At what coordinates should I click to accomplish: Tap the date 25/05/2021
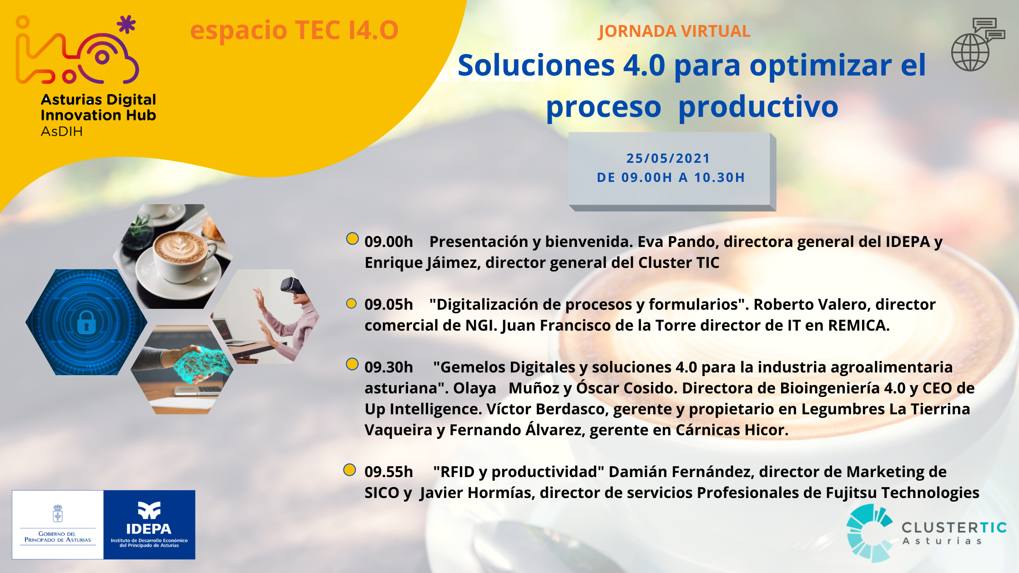(x=668, y=158)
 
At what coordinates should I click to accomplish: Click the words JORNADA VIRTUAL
(x=674, y=31)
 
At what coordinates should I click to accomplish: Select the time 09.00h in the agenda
(x=388, y=241)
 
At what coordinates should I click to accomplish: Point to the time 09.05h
(x=388, y=304)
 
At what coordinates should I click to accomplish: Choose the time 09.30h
(x=388, y=367)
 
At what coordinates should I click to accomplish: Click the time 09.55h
(x=388, y=472)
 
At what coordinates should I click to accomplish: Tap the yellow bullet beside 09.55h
(x=349, y=470)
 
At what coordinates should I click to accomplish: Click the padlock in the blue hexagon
(x=86, y=322)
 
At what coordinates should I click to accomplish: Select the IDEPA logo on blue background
(x=149, y=524)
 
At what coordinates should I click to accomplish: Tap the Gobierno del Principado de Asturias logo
(x=58, y=524)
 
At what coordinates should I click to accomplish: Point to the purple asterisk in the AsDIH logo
(x=126, y=25)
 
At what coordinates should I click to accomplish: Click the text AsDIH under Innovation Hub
(x=62, y=132)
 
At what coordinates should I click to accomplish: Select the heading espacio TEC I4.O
(x=294, y=30)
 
